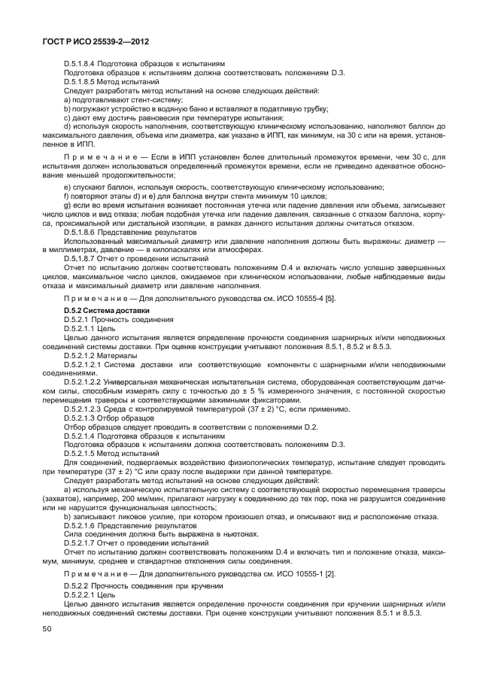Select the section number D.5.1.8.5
84,81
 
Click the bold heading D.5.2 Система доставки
107,310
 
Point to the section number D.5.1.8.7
84,258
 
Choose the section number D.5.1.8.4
84,63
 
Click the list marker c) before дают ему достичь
67,117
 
